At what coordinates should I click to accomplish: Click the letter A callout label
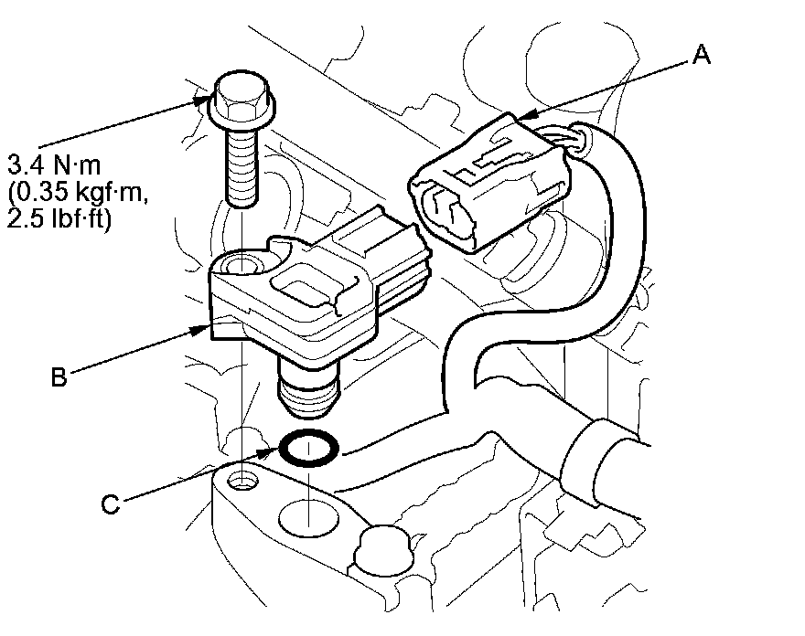(x=701, y=56)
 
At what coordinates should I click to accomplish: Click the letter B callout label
(x=59, y=376)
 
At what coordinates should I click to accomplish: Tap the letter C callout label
(x=110, y=503)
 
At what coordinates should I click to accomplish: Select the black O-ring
(x=308, y=449)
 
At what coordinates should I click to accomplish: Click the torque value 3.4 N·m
(x=55, y=167)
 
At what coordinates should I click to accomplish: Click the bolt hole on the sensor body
(x=242, y=267)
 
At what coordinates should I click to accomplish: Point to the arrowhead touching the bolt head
(x=206, y=99)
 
